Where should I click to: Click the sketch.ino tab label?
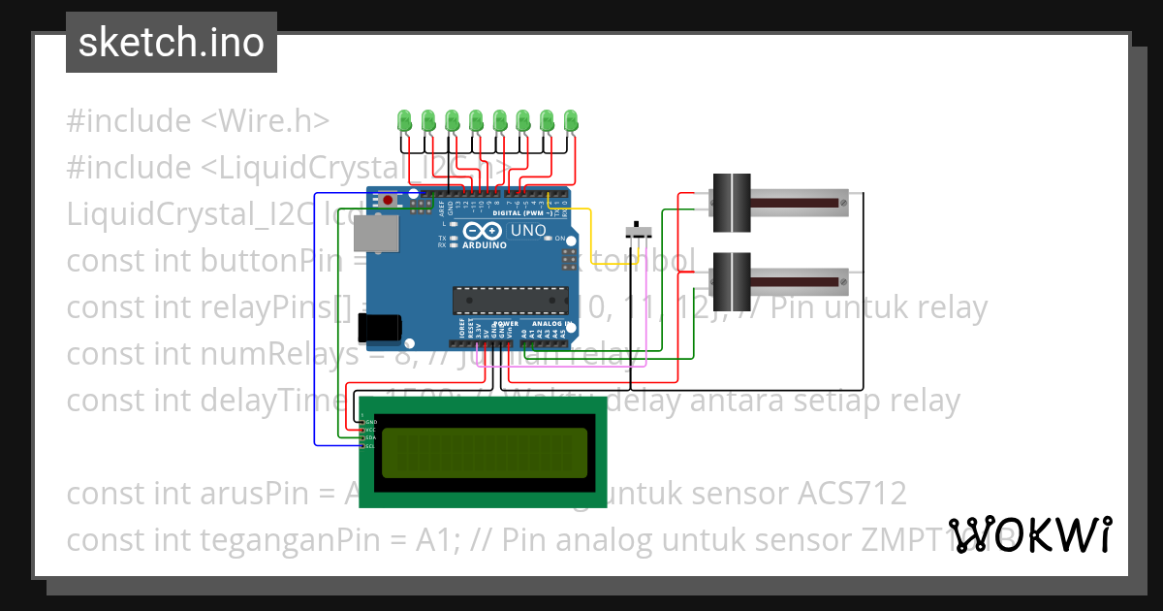[172, 43]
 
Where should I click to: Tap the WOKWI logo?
[1029, 534]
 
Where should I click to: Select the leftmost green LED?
[405, 121]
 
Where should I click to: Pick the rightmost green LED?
[571, 121]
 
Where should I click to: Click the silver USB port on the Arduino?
[375, 234]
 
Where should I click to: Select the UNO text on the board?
[528, 232]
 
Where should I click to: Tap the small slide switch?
[637, 232]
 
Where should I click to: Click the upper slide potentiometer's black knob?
[732, 202]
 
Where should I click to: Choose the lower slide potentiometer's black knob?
[732, 281]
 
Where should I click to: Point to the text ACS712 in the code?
[852, 494]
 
